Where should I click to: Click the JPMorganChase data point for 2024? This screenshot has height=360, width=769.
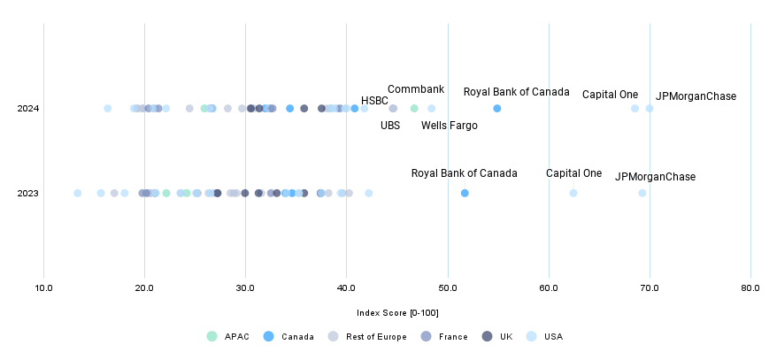[650, 109]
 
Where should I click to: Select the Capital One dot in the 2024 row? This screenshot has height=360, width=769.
[634, 109]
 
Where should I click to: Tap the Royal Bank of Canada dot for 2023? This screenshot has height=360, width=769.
[465, 193]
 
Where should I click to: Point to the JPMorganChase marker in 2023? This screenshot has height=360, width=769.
[642, 193]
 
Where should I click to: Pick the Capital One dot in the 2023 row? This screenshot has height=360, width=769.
[573, 193]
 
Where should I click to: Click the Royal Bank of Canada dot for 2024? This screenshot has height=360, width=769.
[497, 109]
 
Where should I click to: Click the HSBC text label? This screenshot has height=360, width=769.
[374, 101]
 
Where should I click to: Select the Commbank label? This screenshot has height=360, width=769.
[416, 90]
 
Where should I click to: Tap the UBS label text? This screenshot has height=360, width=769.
[390, 126]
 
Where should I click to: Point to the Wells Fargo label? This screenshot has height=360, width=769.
[449, 126]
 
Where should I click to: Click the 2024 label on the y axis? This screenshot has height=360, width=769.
[27, 109]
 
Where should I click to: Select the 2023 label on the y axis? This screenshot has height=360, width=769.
[27, 193]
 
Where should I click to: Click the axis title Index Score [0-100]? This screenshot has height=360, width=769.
[397, 313]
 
